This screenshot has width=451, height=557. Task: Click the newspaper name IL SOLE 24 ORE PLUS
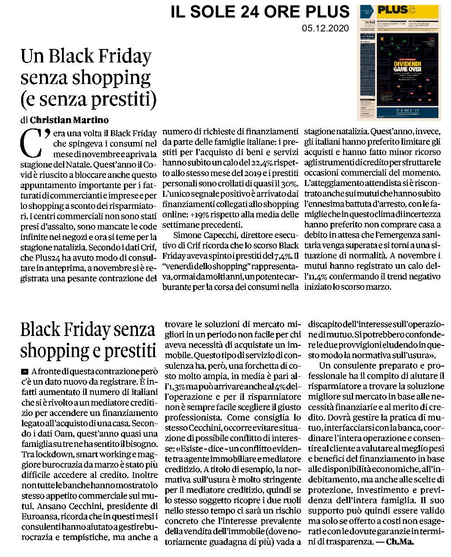coord(260,12)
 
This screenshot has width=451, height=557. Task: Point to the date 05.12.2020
coord(326,29)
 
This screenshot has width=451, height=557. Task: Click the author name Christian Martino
coord(69,120)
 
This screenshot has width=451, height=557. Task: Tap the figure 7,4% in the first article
coord(280,256)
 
